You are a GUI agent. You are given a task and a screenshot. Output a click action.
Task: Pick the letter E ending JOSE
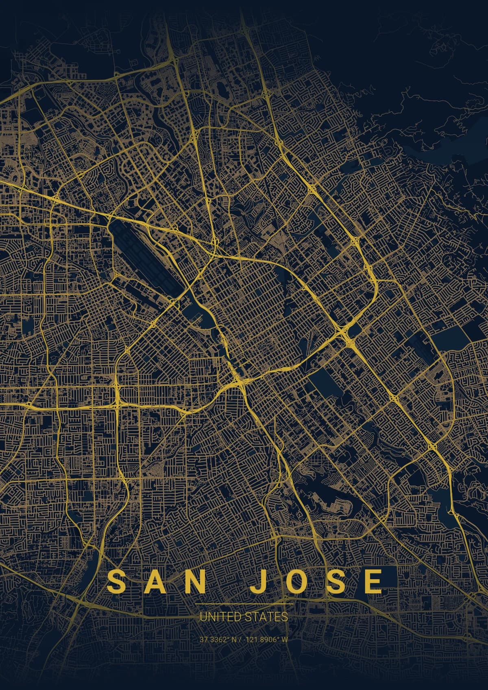(373, 581)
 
